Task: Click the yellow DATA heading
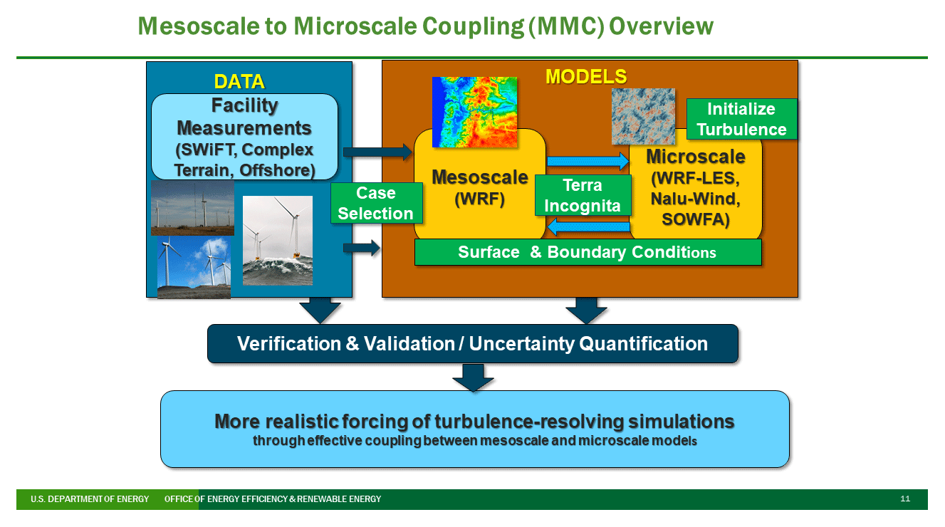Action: pos(239,81)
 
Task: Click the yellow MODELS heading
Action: pos(586,76)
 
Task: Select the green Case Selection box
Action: pos(376,203)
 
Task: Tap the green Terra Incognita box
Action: pos(583,195)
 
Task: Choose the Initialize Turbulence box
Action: pos(741,119)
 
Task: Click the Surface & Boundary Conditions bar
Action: pos(588,252)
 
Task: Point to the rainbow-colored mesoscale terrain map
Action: pos(474,113)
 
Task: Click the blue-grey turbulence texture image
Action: pos(643,117)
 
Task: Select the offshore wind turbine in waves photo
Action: pos(278,241)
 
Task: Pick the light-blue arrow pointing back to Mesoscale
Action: pos(588,227)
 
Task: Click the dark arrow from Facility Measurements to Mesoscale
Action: pos(377,152)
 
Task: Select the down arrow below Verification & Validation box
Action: pos(473,377)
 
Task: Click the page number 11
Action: pos(905,499)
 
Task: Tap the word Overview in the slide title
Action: pos(661,26)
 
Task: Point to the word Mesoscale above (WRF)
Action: pos(480,177)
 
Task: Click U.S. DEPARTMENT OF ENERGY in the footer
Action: pos(90,499)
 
